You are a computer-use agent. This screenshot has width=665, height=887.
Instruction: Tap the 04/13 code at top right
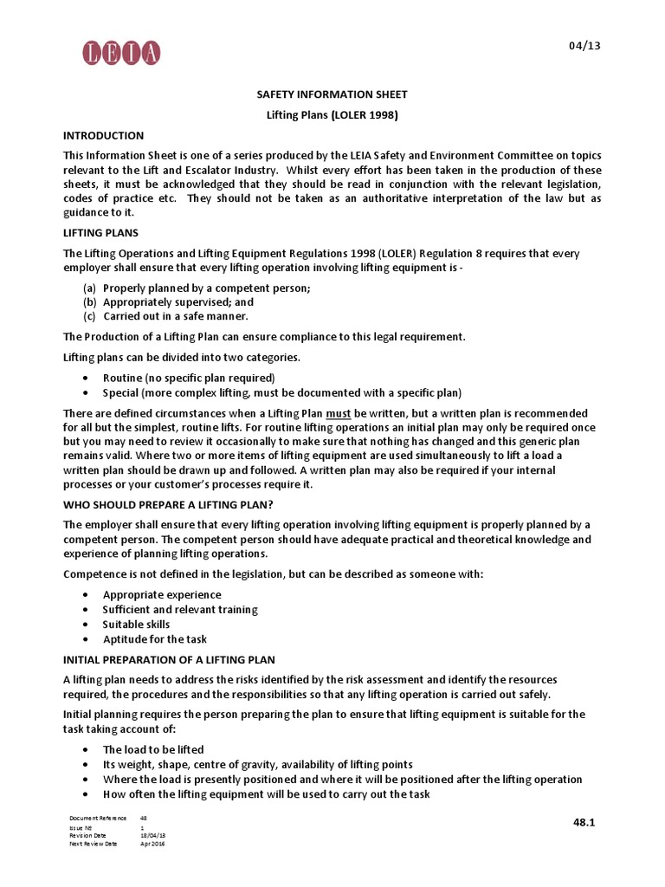click(x=581, y=45)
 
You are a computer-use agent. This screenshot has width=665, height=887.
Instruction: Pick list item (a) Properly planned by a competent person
click(x=206, y=288)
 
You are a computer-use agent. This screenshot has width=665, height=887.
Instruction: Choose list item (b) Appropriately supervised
click(x=178, y=303)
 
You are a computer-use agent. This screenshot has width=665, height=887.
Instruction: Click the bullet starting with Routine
click(x=188, y=378)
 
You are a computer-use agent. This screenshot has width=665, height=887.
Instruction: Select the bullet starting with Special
click(x=281, y=392)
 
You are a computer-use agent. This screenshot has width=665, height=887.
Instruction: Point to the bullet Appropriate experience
click(x=162, y=594)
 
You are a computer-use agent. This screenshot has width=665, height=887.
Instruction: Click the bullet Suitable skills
click(x=136, y=624)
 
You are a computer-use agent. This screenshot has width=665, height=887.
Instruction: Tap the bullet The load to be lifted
click(x=153, y=749)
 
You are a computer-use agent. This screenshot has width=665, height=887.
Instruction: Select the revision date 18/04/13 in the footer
click(x=153, y=835)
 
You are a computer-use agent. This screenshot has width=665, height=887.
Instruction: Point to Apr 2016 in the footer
click(x=152, y=844)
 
